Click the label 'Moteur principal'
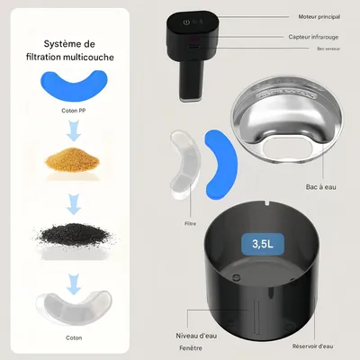click(318, 17)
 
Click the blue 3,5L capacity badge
click(261, 243)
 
